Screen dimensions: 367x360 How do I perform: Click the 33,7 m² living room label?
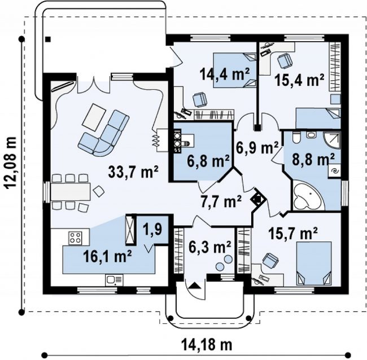[x=133, y=172]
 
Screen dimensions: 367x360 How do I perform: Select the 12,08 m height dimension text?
[x=11, y=163]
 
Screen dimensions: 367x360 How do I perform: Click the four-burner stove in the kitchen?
[x=75, y=238]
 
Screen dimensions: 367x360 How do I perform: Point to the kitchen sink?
[x=114, y=280]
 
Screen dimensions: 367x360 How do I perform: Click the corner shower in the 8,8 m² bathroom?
[x=332, y=139]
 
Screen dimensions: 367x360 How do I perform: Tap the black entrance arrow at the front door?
[x=194, y=286]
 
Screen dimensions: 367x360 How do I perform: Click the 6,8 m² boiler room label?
[x=208, y=161]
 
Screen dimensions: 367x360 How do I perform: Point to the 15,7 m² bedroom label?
[x=292, y=233]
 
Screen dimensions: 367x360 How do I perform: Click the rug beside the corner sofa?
[x=94, y=117]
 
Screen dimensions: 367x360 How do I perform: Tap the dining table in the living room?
[x=71, y=192]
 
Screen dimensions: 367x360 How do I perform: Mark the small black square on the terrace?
[x=48, y=39]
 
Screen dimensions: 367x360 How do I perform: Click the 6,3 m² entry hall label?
[x=209, y=247]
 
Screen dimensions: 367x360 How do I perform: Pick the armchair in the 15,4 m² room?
[x=285, y=60]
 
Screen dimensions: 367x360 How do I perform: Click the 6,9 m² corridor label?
[x=257, y=148]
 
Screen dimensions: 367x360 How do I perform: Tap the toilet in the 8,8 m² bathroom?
[x=296, y=138]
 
